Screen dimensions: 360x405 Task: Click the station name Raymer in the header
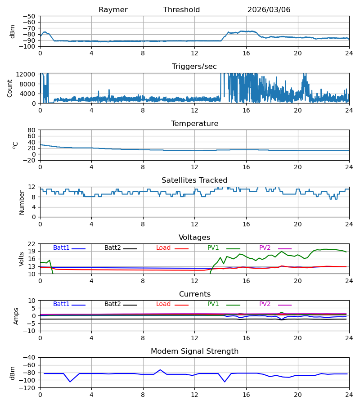click(113, 10)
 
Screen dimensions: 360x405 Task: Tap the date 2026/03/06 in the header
click(269, 10)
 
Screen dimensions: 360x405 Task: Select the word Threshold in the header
click(181, 10)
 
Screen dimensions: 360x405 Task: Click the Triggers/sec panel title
click(194, 67)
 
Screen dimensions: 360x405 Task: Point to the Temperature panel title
click(194, 123)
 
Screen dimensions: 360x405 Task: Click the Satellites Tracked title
click(194, 180)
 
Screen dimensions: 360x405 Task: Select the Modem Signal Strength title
click(194, 351)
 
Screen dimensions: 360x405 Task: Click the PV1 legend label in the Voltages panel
click(213, 247)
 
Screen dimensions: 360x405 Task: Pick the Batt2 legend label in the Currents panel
click(112, 304)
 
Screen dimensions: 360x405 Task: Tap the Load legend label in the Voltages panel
click(163, 247)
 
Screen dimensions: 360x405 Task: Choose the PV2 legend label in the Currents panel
click(265, 304)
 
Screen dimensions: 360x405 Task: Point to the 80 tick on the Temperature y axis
click(31, 130)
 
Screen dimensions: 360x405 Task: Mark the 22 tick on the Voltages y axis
click(31, 244)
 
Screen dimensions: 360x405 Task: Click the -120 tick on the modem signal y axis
click(29, 388)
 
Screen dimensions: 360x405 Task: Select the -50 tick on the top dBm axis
click(29, 16)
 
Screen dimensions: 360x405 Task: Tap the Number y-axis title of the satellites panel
click(22, 203)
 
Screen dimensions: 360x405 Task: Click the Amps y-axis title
click(16, 316)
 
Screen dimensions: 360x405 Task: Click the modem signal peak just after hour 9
click(160, 370)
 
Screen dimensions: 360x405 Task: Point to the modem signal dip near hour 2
click(70, 382)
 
